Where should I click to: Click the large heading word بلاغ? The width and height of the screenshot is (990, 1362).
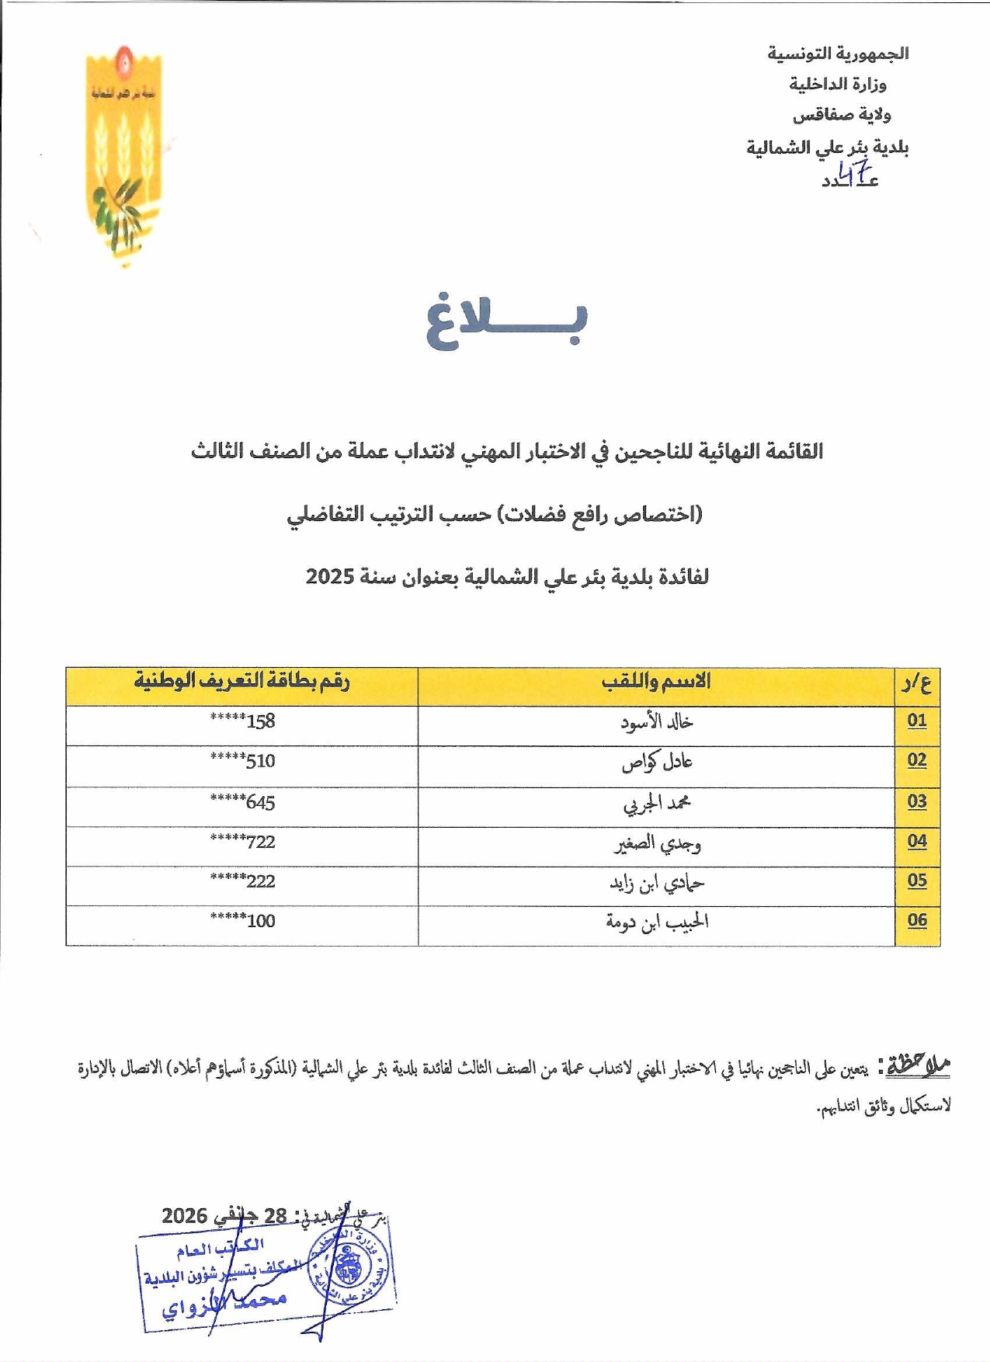[506, 321]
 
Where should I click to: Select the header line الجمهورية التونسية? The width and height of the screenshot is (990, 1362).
[838, 54]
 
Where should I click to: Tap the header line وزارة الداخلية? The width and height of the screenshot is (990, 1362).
[838, 84]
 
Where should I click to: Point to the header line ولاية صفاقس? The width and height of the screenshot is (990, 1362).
[841, 115]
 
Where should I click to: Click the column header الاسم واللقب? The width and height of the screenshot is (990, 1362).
[656, 682]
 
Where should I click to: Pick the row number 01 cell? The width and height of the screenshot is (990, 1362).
[917, 721]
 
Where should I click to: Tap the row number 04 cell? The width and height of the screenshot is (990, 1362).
[917, 841]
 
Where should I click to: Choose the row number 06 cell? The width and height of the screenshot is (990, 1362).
[917, 920]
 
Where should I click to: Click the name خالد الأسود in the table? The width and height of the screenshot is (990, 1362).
[657, 722]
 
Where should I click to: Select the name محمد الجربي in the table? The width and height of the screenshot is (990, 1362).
[657, 803]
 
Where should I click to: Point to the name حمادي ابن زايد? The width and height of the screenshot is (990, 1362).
[657, 883]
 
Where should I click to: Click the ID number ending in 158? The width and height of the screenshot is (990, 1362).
[242, 721]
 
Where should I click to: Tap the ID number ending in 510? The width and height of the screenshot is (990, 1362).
[242, 761]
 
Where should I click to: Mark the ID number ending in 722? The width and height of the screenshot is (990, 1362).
[242, 842]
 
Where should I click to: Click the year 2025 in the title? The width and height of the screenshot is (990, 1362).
[330, 577]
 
